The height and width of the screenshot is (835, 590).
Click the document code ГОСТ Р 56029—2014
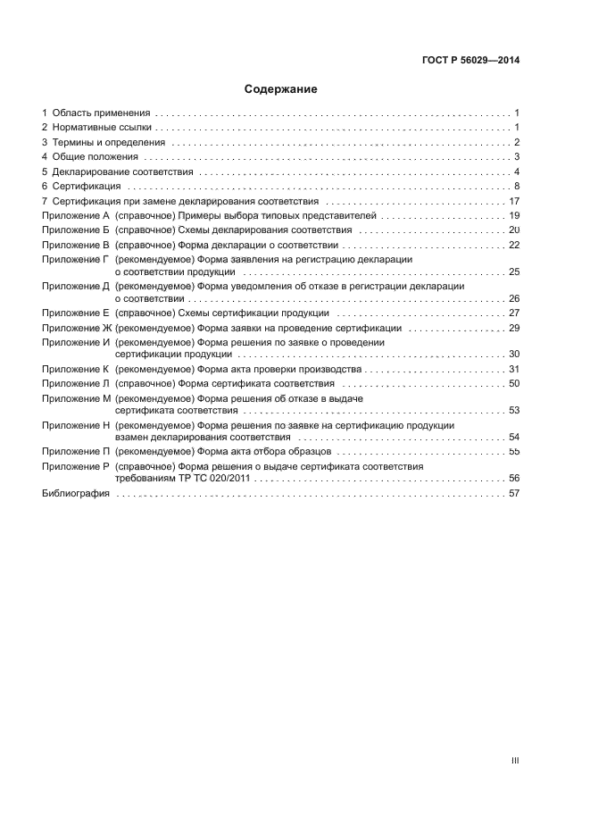(x=470, y=61)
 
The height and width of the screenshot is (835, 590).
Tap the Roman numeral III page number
(x=515, y=761)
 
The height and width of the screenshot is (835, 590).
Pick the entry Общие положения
(x=95, y=157)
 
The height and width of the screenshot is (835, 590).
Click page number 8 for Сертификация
(x=517, y=186)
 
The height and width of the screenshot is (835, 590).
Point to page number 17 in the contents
(x=514, y=201)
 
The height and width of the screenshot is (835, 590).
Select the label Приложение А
(x=75, y=215)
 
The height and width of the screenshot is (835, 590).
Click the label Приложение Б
(x=75, y=230)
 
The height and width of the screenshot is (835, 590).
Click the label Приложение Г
(x=75, y=259)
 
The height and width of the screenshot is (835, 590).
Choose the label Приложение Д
(x=75, y=286)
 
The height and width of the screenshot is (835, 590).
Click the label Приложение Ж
(x=76, y=328)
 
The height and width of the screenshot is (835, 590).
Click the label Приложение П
(x=75, y=452)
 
